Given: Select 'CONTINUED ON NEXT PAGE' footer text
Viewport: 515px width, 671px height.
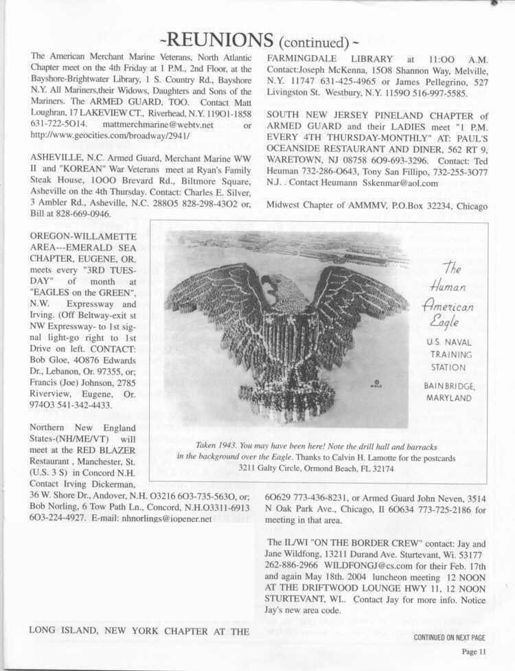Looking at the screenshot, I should [449, 637].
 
